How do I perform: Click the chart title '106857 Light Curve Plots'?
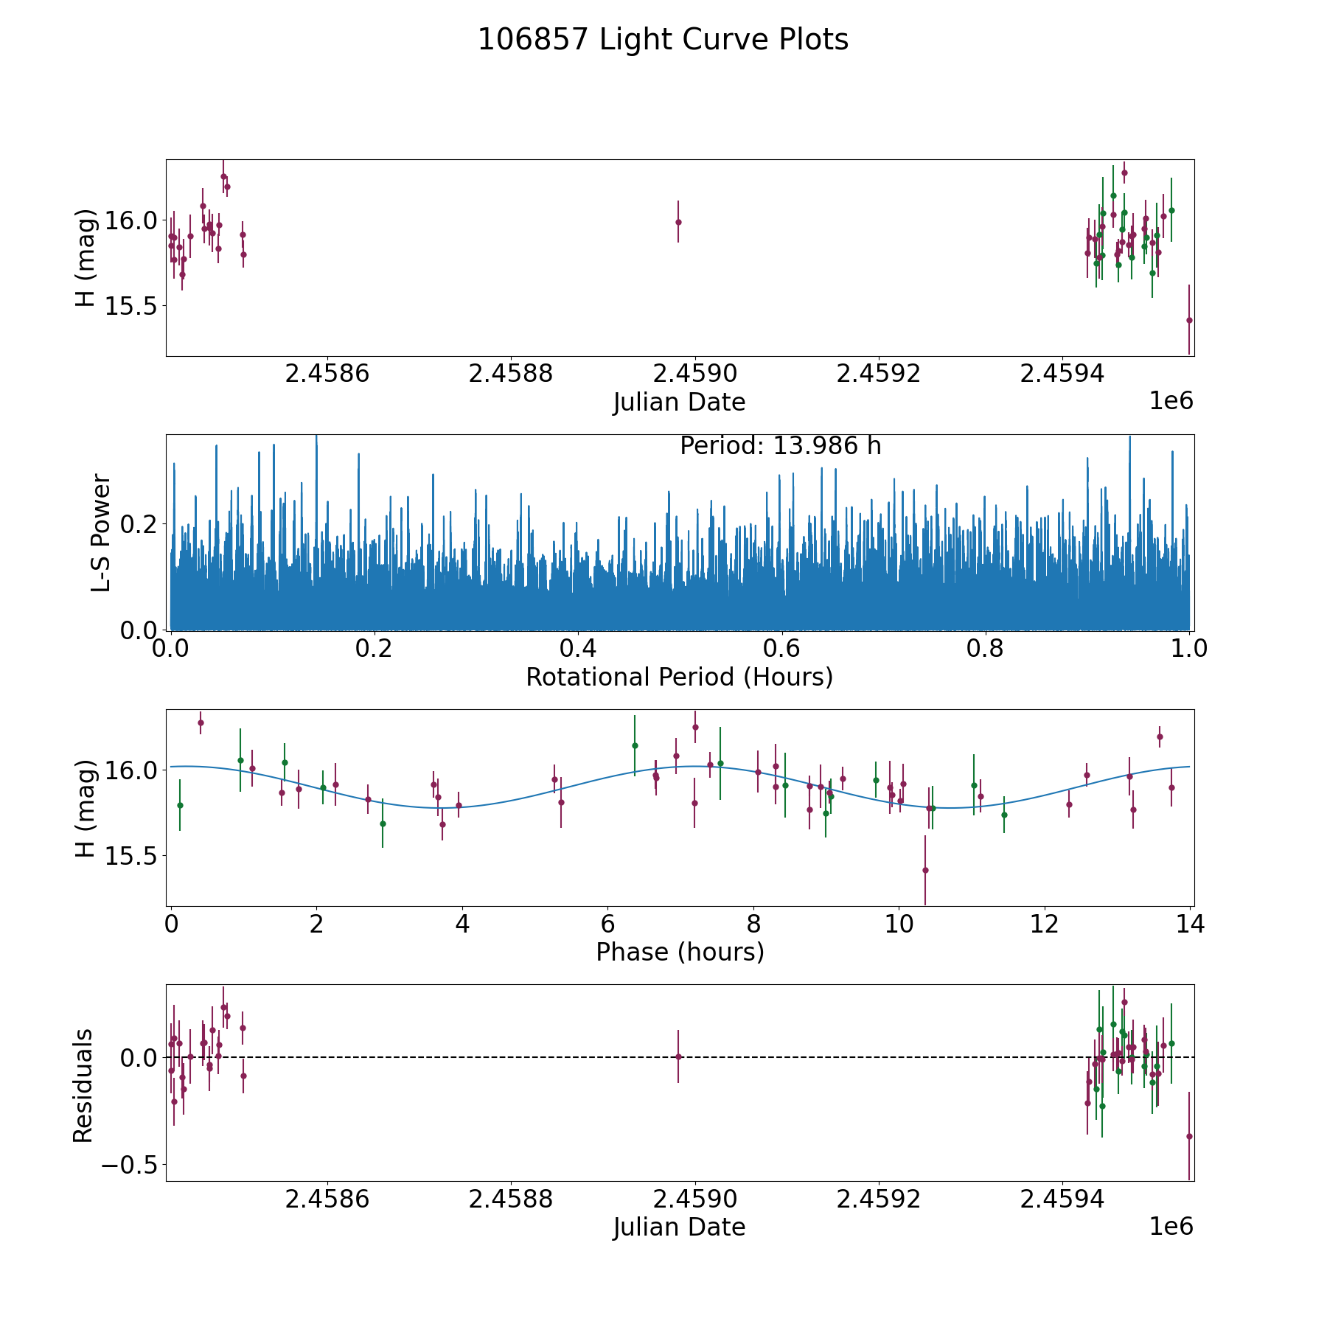click(x=663, y=40)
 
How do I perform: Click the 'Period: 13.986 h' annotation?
click(x=780, y=446)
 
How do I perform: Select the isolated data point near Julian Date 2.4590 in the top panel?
click(x=678, y=222)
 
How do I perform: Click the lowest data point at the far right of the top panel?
click(x=1189, y=320)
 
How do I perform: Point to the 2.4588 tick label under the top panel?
click(x=511, y=374)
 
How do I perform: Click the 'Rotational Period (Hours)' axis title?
click(x=679, y=677)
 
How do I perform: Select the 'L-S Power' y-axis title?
click(x=101, y=532)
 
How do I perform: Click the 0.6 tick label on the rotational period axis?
click(x=781, y=649)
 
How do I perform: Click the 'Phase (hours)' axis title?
click(x=679, y=952)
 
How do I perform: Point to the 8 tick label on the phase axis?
click(x=753, y=924)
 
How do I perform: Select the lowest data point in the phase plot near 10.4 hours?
click(x=925, y=870)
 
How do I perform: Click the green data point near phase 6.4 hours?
click(x=635, y=745)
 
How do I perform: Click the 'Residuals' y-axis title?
click(x=83, y=1085)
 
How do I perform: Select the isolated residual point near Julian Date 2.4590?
click(x=678, y=1056)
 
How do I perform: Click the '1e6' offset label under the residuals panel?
click(x=1171, y=1226)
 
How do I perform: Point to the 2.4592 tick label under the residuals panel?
click(x=879, y=1199)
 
